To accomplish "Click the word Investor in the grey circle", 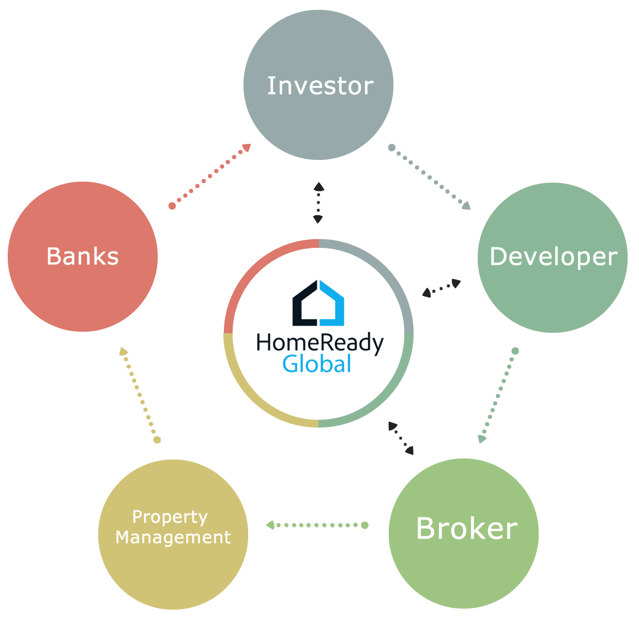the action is point(320,86).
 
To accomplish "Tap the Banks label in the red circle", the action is point(83,256).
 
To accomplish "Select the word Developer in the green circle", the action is point(553,257).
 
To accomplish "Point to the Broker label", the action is point(467,528).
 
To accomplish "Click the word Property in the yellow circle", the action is point(170,518).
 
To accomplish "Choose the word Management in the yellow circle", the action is point(173,538).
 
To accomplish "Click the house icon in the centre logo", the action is point(318,303).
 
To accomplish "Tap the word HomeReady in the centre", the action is point(320,343).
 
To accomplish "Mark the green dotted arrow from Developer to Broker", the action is point(498,395).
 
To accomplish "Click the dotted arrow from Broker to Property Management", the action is point(317,525).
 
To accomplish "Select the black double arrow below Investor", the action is point(318,203).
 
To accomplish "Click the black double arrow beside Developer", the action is point(442,288).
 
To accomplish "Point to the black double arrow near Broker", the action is point(401,438).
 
